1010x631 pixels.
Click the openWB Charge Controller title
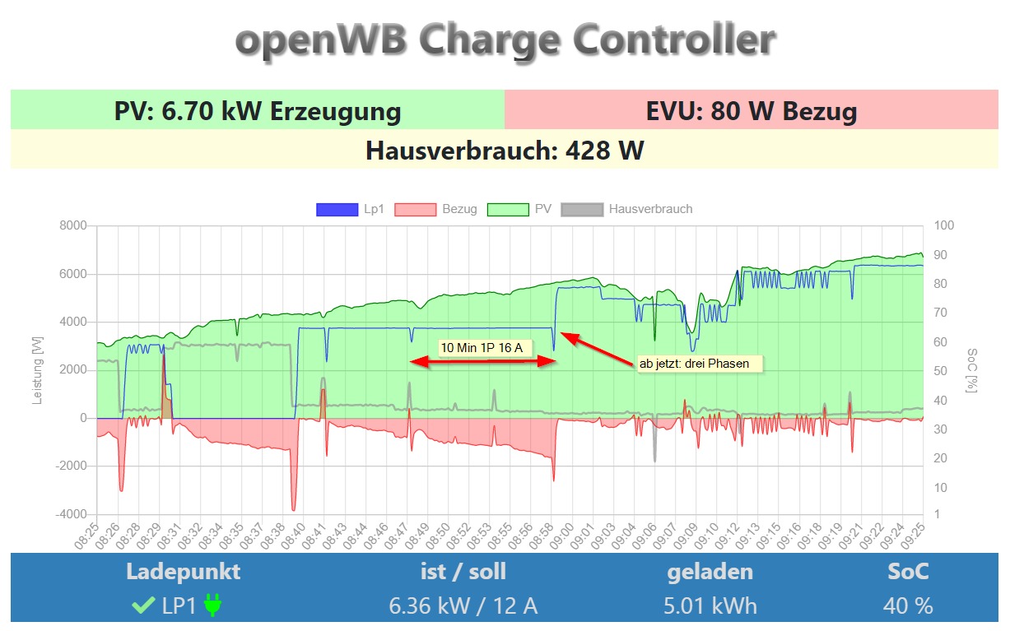tap(505, 39)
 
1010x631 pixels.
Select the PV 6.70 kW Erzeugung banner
tap(258, 111)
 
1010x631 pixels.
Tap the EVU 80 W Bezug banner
tap(752, 111)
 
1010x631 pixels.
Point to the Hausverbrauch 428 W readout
tap(505, 151)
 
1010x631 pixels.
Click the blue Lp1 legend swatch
tap(337, 210)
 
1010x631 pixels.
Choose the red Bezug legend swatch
tap(416, 210)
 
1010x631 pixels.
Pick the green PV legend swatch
tap(508, 210)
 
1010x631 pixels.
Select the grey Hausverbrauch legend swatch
tap(582, 210)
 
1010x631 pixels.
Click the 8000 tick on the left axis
tap(74, 226)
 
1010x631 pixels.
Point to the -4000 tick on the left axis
tap(72, 515)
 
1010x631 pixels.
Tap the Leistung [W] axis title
tap(37, 370)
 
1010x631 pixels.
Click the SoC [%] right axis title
tap(972, 370)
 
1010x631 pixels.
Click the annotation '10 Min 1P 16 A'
tap(482, 348)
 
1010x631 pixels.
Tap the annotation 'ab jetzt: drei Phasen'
tap(700, 363)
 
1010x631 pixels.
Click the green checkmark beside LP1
tap(143, 606)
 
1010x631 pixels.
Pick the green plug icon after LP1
tap(213, 606)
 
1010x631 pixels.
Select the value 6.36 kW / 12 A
tap(463, 606)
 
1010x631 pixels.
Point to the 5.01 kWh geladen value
tap(710, 606)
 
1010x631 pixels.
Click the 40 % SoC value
tap(908, 606)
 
